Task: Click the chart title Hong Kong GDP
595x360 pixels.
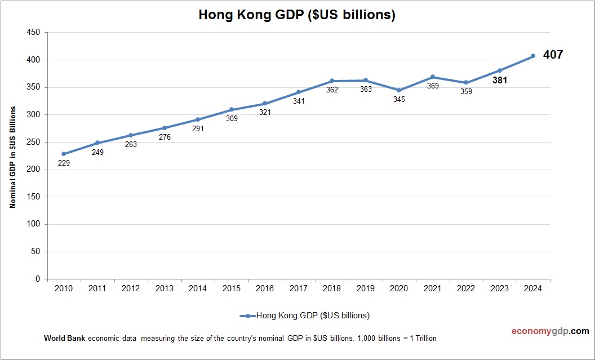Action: (x=297, y=15)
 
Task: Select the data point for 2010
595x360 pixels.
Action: (x=64, y=154)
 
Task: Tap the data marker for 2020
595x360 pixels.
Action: (x=399, y=90)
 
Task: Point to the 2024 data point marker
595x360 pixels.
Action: (x=533, y=56)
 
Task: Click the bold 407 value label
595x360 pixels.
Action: (x=553, y=55)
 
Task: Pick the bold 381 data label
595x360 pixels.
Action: (x=499, y=81)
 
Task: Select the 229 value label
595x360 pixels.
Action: (x=64, y=163)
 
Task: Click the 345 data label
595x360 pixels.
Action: (x=399, y=100)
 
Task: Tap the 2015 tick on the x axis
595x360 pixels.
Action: (x=231, y=288)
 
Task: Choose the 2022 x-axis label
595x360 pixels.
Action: (x=466, y=288)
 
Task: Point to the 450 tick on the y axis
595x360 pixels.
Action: (x=33, y=33)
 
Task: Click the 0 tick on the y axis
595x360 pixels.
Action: (x=38, y=279)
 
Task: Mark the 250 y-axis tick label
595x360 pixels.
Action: (x=33, y=142)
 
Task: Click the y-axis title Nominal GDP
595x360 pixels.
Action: (x=12, y=157)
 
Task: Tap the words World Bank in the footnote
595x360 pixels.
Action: (x=64, y=339)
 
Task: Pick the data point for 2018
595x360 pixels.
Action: (x=332, y=81)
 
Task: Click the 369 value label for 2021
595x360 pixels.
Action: (x=433, y=86)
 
